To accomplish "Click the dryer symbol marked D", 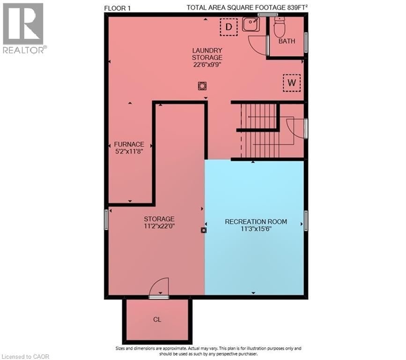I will click(x=229, y=27).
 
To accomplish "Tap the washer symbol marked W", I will click(x=292, y=83).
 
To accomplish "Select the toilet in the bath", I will click(x=279, y=28).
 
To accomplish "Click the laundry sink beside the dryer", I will click(x=251, y=24).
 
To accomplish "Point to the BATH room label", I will click(x=287, y=41).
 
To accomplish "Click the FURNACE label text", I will click(x=129, y=144).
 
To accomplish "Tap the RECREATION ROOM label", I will click(x=256, y=222).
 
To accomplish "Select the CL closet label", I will click(x=157, y=320).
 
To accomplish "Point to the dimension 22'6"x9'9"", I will click(x=207, y=65).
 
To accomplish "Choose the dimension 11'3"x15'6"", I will click(x=256, y=229).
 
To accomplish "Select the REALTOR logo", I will click(x=23, y=28).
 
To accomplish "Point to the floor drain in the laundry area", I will click(x=202, y=86).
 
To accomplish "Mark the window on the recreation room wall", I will click(x=306, y=220).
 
